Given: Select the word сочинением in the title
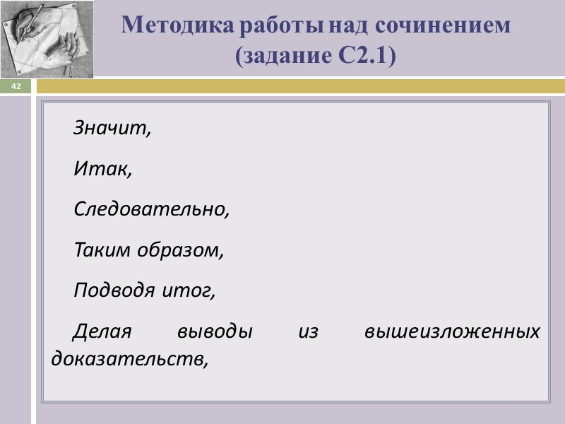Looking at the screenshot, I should (x=442, y=25).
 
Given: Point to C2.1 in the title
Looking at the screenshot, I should (x=363, y=56).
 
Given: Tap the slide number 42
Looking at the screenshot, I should (x=16, y=86).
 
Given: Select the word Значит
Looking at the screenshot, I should (x=112, y=130).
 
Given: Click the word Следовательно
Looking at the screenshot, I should (x=152, y=210).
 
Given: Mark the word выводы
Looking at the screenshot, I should (x=215, y=331).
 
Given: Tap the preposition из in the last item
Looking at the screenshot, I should (x=308, y=331).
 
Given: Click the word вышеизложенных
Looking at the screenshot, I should (x=452, y=331).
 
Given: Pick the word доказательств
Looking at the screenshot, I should (x=130, y=358).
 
